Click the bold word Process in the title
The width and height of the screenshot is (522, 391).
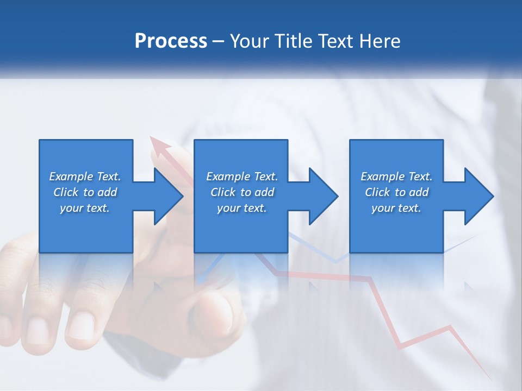click(171, 41)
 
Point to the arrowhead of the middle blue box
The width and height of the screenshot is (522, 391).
click(322, 196)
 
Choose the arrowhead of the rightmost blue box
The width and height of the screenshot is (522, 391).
click(478, 196)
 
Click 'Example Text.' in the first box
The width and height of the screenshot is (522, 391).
click(85, 176)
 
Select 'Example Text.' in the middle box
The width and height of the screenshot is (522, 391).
click(242, 176)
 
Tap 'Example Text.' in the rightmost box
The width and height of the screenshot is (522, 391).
click(396, 176)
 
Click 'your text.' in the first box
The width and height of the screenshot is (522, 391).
click(85, 208)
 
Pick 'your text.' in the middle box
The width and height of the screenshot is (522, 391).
click(242, 208)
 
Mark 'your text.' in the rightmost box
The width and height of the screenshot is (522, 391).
click(396, 208)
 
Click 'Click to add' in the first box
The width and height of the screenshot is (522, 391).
click(85, 192)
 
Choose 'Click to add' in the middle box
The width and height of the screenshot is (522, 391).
click(242, 192)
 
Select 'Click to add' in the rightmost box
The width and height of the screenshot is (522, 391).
click(396, 192)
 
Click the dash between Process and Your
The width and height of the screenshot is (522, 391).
click(219, 41)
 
